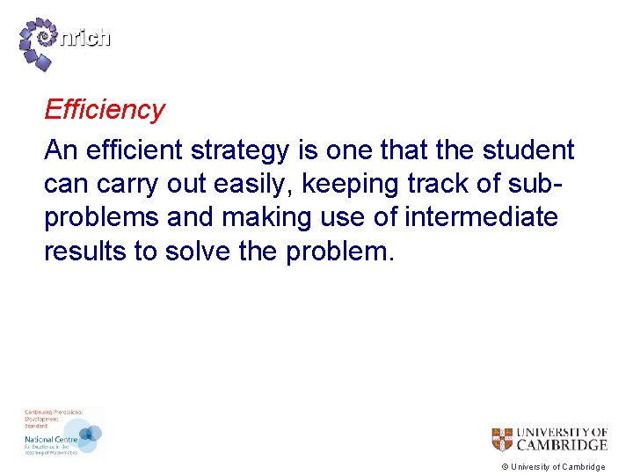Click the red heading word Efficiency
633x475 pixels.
tap(104, 110)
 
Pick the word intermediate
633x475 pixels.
tap(481, 216)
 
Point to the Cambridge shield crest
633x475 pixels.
tap(501, 439)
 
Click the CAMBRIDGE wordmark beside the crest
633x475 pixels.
tap(561, 444)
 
